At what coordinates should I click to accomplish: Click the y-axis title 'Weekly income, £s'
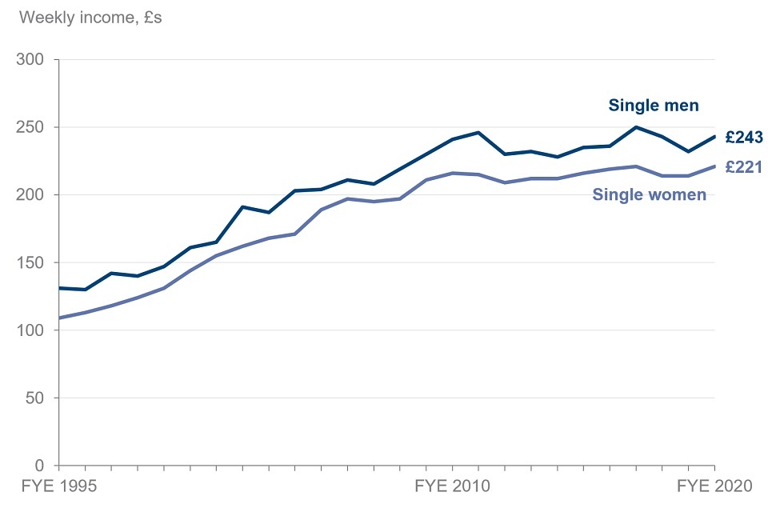90,17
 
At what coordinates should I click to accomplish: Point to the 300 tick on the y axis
33,60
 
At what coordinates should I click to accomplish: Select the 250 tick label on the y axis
33,127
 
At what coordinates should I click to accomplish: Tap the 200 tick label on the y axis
33,195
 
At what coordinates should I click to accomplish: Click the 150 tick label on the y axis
33,263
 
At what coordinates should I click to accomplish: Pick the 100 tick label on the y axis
33,330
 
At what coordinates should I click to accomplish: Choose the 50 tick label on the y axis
37,398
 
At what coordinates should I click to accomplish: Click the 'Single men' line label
654,105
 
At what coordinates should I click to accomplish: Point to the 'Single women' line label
649,194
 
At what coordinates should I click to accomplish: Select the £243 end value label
743,138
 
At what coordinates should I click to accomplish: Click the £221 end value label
743,167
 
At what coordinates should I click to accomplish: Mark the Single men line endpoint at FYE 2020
714,137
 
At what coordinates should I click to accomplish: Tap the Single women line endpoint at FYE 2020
714,166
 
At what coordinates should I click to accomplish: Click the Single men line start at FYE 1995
59,288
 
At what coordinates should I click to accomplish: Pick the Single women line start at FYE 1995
59,318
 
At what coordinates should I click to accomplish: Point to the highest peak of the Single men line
635,127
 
